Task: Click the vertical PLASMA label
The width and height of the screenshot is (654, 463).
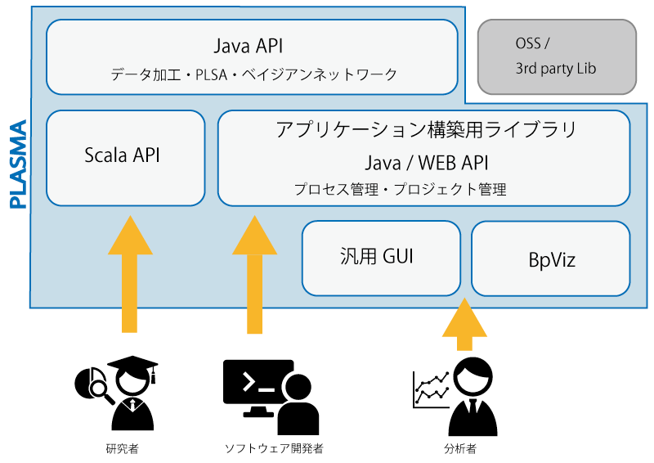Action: [x=18, y=164]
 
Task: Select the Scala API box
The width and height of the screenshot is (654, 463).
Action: [x=126, y=158]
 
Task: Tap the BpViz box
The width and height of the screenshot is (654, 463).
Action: [x=550, y=258]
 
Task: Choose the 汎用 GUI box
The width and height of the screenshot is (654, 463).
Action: [x=381, y=258]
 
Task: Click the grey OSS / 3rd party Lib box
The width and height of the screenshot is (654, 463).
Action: [x=557, y=56]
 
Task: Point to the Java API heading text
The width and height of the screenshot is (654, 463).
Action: [x=249, y=46]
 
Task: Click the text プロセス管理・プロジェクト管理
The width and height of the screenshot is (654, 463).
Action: [x=400, y=189]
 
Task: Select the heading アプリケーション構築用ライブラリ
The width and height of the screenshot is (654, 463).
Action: [x=426, y=129]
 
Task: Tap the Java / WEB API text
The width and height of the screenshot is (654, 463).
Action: [x=426, y=163]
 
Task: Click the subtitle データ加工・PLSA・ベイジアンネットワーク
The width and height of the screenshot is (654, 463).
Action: [x=253, y=74]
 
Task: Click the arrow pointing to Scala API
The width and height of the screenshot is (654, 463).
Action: [x=130, y=274]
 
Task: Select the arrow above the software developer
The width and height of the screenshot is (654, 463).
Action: [x=254, y=274]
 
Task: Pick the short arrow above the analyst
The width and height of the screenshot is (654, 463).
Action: [x=464, y=324]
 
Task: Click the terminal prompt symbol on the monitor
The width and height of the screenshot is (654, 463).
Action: [x=249, y=382]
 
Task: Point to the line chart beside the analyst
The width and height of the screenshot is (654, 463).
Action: [x=432, y=389]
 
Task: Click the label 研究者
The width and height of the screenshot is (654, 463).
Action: [x=122, y=449]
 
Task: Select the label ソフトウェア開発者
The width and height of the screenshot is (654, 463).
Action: [x=274, y=449]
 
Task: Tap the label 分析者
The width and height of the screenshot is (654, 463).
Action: [x=460, y=449]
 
